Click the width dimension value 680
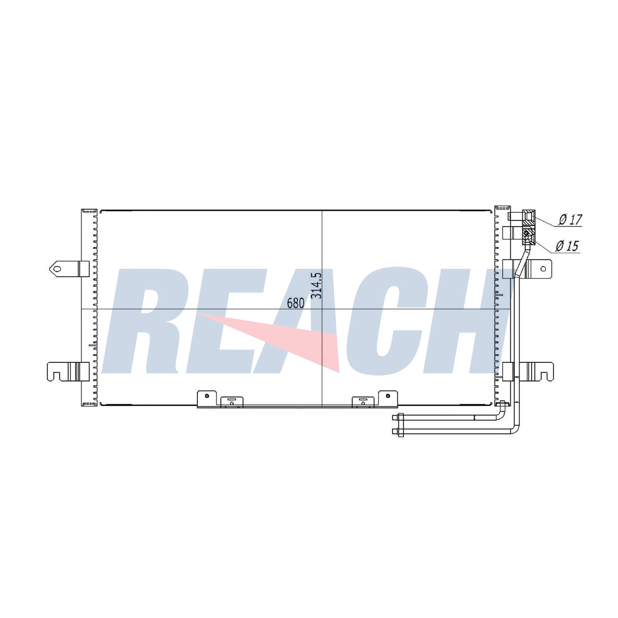(x=295, y=303)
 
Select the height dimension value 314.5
(x=316, y=285)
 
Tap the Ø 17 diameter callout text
(x=570, y=220)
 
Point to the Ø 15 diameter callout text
(x=567, y=246)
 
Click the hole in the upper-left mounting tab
(x=58, y=268)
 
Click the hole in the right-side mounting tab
(x=543, y=269)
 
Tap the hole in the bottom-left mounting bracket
(x=207, y=396)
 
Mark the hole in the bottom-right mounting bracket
(x=388, y=396)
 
